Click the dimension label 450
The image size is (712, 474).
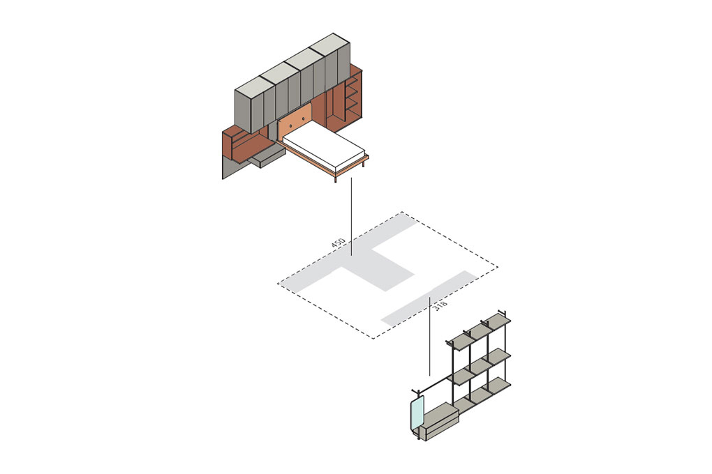(x=339, y=244)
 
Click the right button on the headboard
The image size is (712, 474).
(x=305, y=116)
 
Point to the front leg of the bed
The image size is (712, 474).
(x=336, y=178)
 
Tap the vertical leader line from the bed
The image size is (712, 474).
(x=351, y=209)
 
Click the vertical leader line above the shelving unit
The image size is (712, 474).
(x=429, y=335)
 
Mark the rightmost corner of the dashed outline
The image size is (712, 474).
(x=498, y=266)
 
